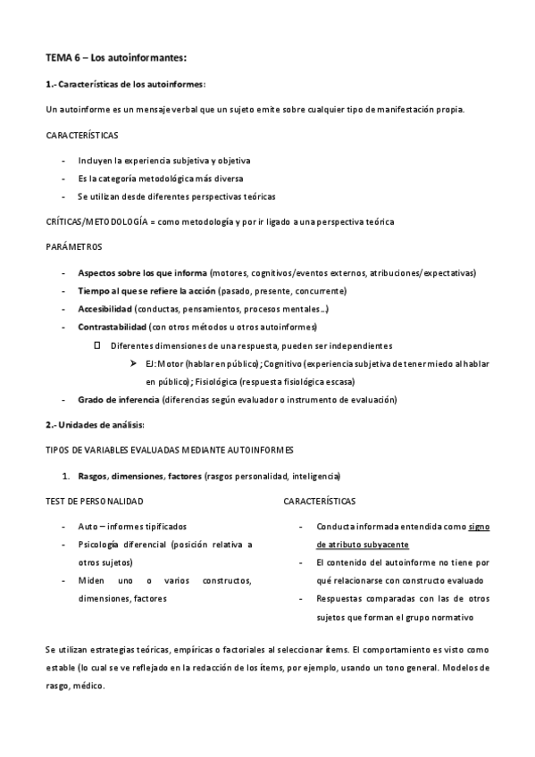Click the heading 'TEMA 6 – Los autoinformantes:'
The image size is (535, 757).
point(116,58)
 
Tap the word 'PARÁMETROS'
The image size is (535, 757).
point(74,246)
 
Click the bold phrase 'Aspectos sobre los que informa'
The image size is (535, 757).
point(143,272)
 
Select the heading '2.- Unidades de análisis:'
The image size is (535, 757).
point(94,424)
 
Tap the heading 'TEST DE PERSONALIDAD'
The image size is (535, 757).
point(94,502)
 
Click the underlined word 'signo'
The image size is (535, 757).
point(480,527)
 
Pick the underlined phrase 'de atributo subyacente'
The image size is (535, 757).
point(363,544)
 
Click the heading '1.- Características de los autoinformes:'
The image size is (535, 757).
point(125,84)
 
